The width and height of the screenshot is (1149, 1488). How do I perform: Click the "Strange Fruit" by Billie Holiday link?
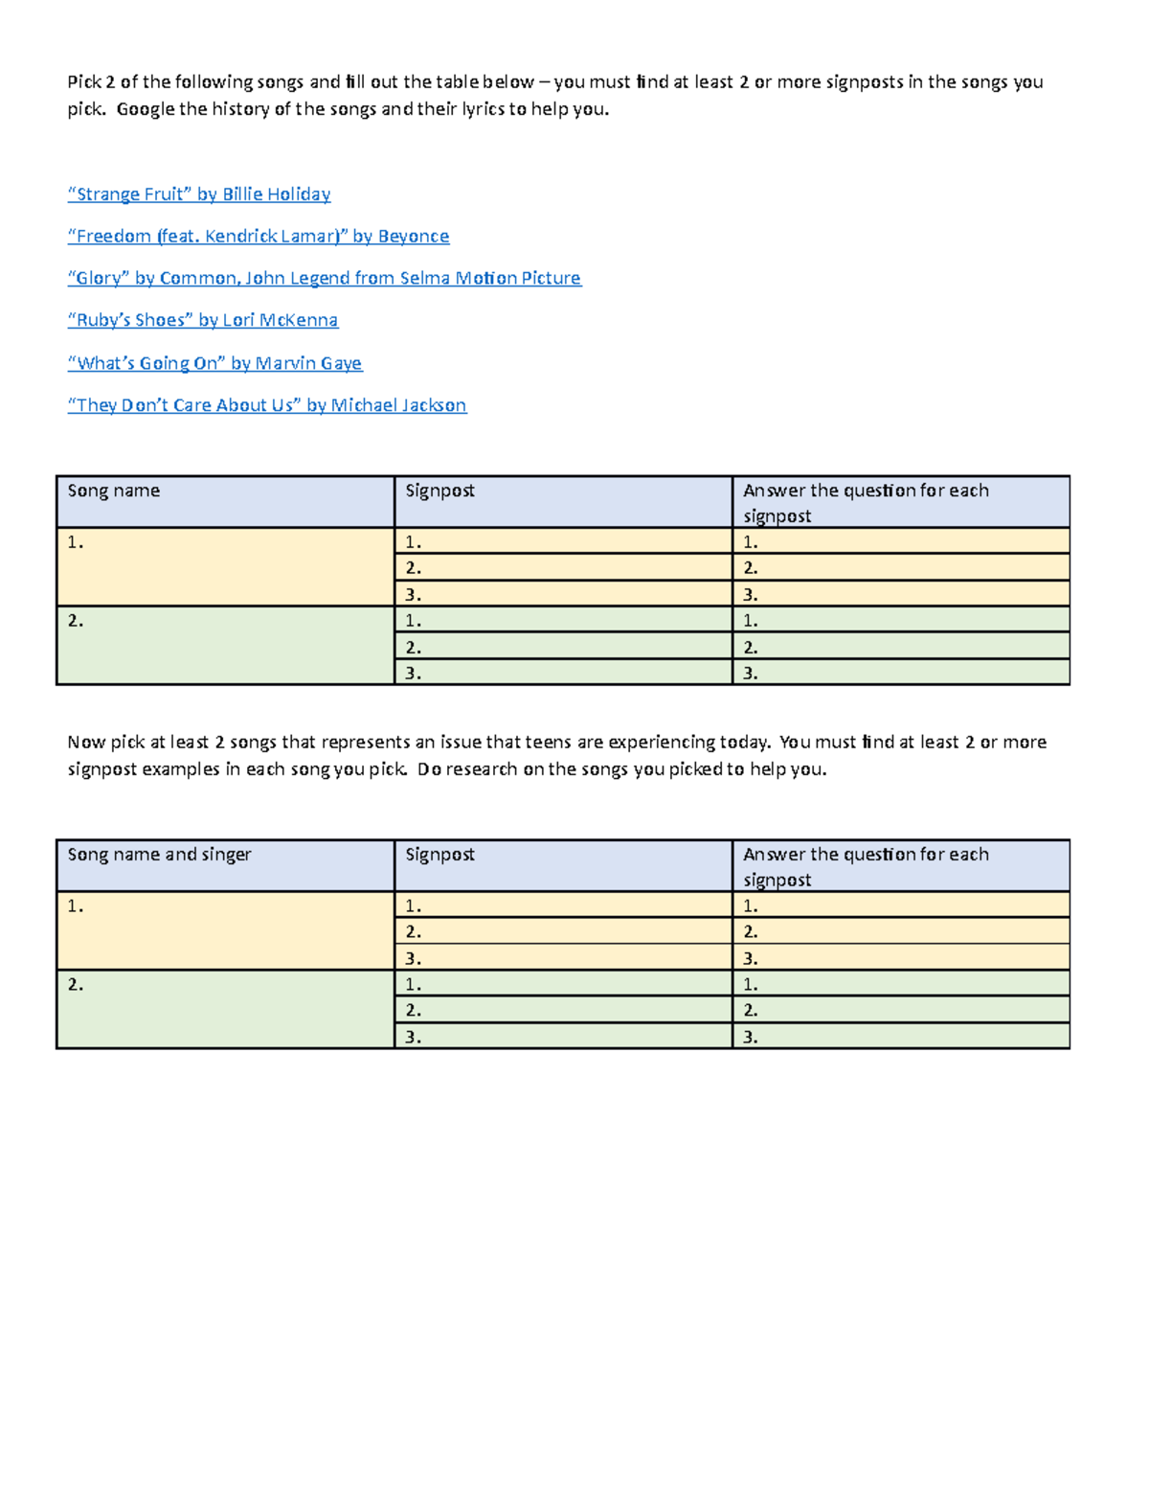[x=199, y=195]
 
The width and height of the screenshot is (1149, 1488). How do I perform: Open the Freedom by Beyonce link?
[x=258, y=237]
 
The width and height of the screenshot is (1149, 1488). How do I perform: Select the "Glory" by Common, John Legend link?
[x=324, y=279]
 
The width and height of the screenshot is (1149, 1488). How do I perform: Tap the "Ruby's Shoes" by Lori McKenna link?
[x=203, y=321]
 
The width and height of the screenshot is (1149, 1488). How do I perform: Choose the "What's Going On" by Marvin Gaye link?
[x=214, y=363]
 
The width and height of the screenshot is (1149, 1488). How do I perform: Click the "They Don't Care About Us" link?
[x=266, y=405]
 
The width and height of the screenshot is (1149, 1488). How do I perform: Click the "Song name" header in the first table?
[x=114, y=492]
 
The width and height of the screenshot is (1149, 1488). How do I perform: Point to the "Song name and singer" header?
[x=159, y=855]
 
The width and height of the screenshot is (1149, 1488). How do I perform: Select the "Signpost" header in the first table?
[x=439, y=492]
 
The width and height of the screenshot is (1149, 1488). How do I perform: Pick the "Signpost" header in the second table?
[x=439, y=855]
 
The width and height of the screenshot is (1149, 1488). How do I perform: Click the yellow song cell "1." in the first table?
[x=225, y=567]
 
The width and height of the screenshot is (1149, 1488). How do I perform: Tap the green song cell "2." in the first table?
[x=225, y=646]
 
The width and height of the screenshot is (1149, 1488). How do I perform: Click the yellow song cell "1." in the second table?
[x=225, y=931]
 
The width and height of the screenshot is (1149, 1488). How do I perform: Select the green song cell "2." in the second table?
[x=225, y=1010]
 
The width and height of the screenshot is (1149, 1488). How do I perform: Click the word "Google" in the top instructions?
[x=146, y=109]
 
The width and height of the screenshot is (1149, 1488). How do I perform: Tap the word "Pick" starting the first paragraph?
[x=84, y=82]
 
